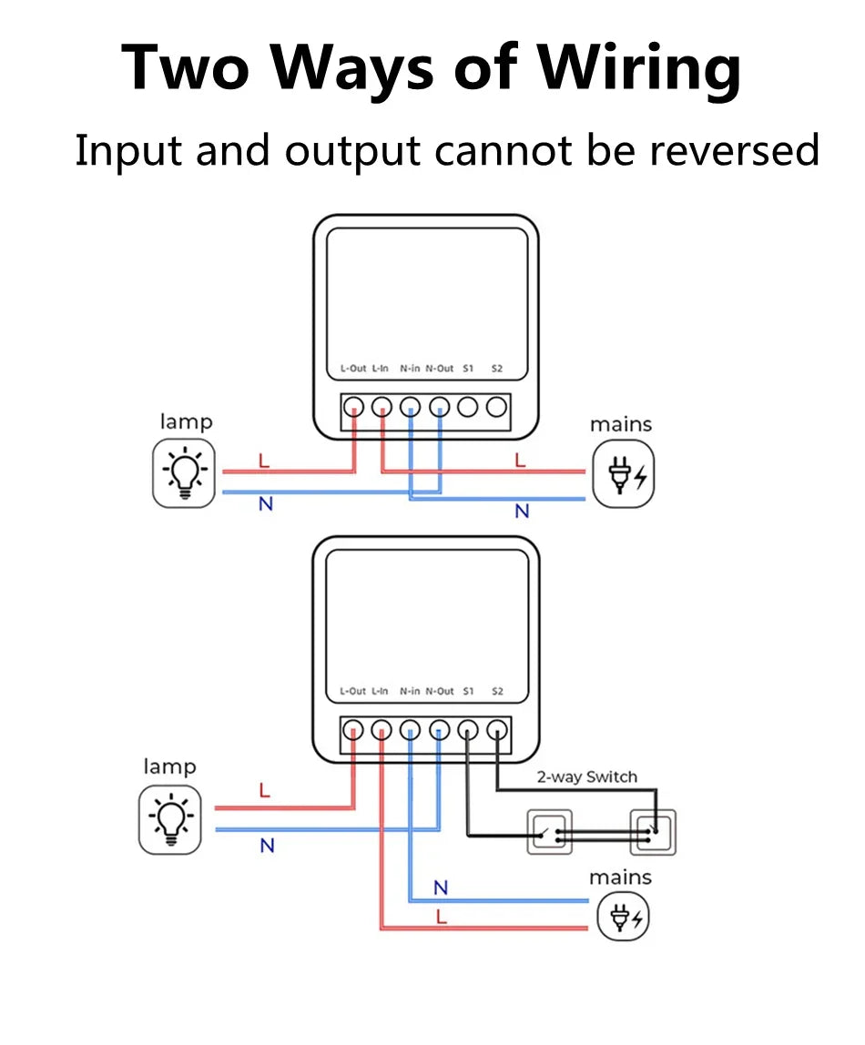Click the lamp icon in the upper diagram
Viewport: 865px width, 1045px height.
pyautogui.click(x=184, y=472)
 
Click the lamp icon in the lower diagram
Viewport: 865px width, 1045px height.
pyautogui.click(x=169, y=819)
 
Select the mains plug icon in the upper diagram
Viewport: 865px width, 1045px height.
pyautogui.click(x=623, y=474)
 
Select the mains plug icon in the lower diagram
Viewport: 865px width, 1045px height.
pyautogui.click(x=623, y=916)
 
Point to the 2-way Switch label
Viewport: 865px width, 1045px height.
pyautogui.click(x=586, y=776)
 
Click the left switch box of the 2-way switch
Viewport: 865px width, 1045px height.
pyautogui.click(x=551, y=832)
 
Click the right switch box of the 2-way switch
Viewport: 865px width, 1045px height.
pyautogui.click(x=653, y=832)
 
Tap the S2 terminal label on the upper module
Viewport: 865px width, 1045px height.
pyautogui.click(x=497, y=369)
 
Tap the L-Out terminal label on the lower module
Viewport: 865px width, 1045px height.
pyautogui.click(x=352, y=692)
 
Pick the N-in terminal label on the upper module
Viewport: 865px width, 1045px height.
pyautogui.click(x=410, y=369)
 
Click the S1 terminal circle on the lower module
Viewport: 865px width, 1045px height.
pyautogui.click(x=468, y=729)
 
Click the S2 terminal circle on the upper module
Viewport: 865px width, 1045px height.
pyautogui.click(x=497, y=407)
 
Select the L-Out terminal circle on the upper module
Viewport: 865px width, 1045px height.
pyautogui.click(x=353, y=407)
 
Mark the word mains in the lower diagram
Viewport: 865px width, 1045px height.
pyautogui.click(x=620, y=878)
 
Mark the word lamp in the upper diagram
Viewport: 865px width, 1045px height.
pyautogui.click(x=186, y=421)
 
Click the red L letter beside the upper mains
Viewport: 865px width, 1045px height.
pyautogui.click(x=520, y=461)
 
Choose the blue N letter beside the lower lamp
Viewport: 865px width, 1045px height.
pyautogui.click(x=267, y=846)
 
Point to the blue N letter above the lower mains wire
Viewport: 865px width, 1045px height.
pyautogui.click(x=441, y=888)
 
